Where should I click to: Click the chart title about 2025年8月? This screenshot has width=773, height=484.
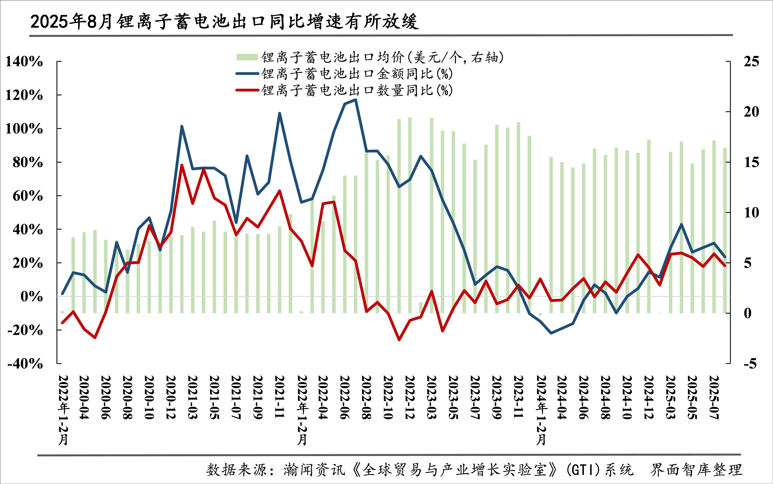click(224, 22)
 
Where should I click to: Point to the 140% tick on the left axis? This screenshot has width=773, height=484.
click(24, 61)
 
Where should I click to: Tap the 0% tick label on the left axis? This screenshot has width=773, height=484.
click(31, 296)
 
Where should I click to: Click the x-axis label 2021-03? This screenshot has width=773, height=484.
click(192, 397)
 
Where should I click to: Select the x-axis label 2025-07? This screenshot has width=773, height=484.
click(714, 397)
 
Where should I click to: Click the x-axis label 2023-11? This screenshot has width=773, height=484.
click(519, 397)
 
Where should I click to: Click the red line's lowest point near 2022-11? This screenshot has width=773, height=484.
click(399, 340)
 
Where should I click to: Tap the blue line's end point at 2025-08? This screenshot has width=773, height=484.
click(725, 257)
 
